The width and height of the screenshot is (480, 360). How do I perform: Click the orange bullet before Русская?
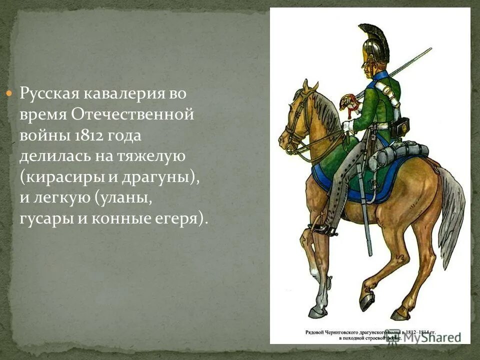pyautogui.click(x=8, y=93)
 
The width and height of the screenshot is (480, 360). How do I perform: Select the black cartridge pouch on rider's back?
pyautogui.click(x=399, y=127)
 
